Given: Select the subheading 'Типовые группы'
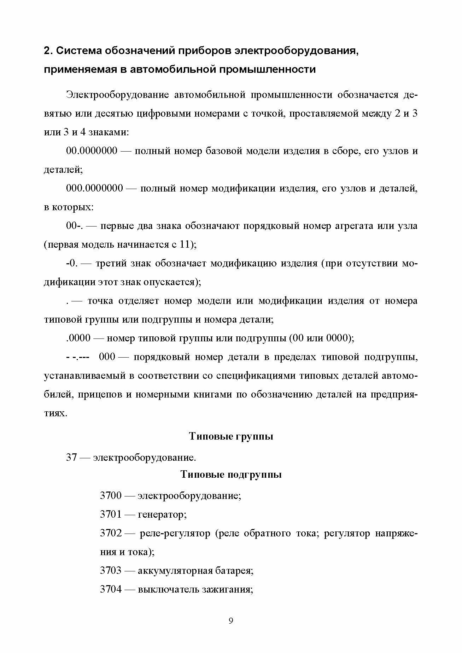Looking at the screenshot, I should [x=231, y=436].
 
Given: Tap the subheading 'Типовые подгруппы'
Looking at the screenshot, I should [x=231, y=474].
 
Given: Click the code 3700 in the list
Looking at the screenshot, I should [x=111, y=496].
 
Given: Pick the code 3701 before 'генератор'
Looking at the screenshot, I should [x=111, y=514].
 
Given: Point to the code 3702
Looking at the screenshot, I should [x=111, y=533].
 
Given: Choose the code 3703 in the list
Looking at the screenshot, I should [x=111, y=571].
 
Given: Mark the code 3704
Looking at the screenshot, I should [x=111, y=589].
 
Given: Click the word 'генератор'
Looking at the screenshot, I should [x=162, y=514].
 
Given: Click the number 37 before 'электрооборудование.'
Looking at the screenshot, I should [x=71, y=458].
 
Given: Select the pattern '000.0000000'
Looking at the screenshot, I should [x=94, y=188].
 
